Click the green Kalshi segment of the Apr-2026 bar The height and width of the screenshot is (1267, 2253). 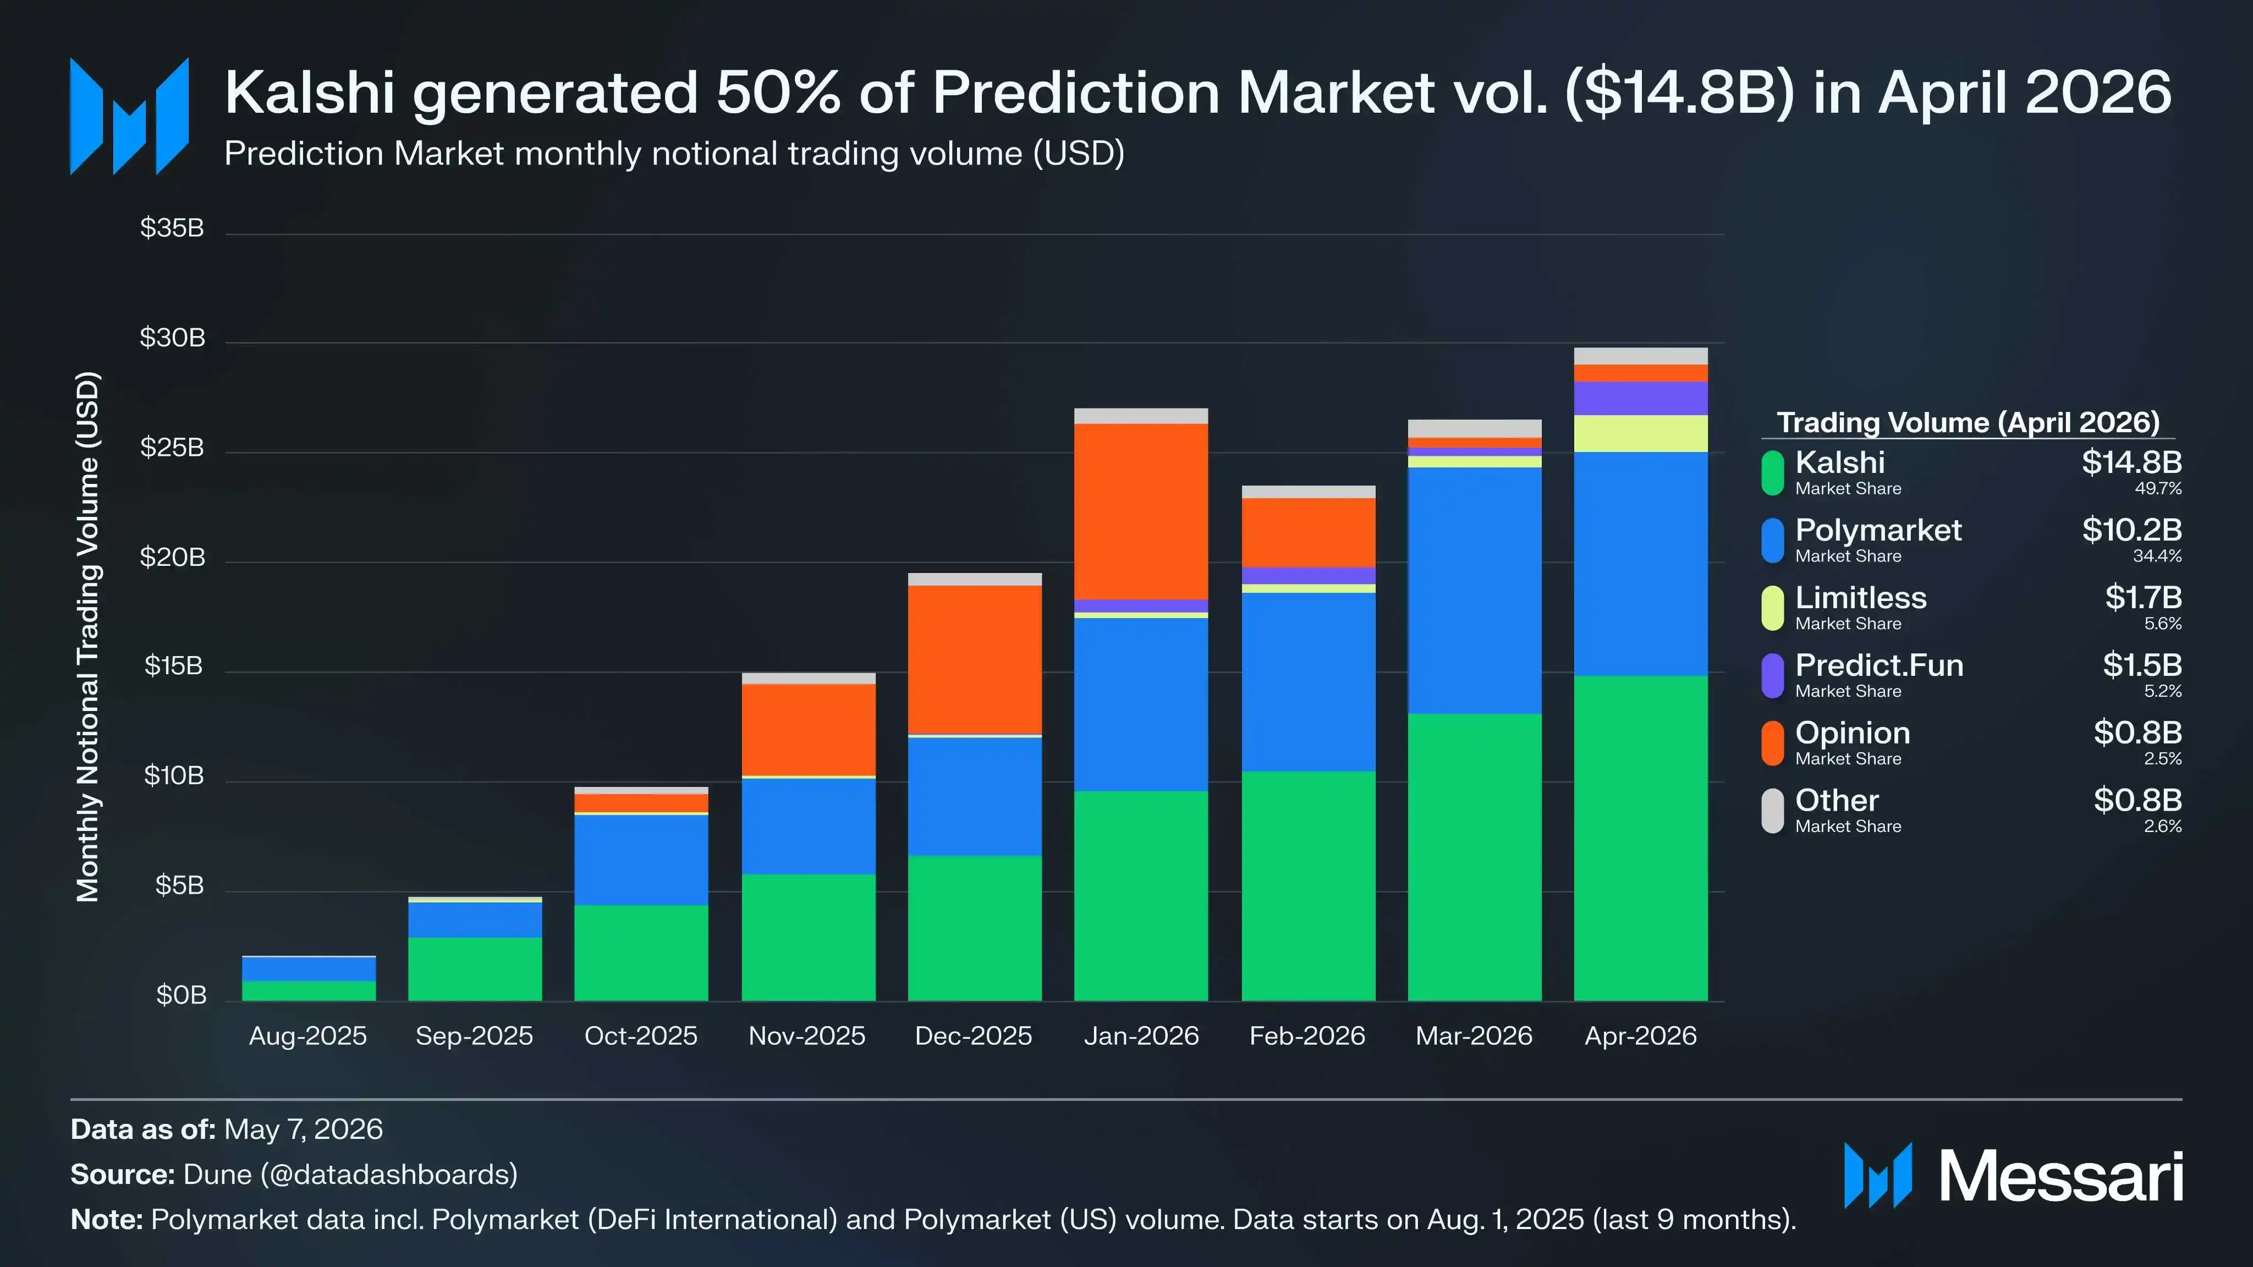point(1641,838)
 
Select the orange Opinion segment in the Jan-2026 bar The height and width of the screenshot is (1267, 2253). point(1141,511)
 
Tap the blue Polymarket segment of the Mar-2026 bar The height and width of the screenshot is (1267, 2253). point(1475,590)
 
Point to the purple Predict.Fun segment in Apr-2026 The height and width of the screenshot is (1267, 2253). point(1641,398)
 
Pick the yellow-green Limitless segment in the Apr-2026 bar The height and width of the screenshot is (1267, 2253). point(1641,434)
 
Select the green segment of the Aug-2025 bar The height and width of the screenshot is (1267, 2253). point(309,991)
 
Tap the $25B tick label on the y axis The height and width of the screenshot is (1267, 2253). point(172,448)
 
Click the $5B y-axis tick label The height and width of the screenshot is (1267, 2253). point(179,886)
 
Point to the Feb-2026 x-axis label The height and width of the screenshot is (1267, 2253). point(1307,1036)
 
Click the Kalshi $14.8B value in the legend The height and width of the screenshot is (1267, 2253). point(2131,462)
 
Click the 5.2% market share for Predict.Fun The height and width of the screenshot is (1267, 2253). point(2163,691)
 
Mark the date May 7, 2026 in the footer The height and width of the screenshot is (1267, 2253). point(304,1130)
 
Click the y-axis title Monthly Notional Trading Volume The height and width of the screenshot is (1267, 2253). point(89,637)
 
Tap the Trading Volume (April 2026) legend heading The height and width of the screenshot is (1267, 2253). point(1969,423)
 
